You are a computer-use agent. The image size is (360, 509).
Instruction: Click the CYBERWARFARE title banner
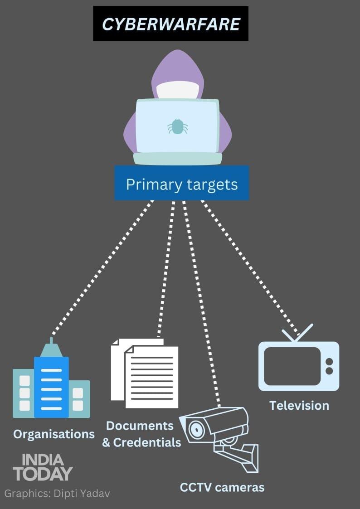170,24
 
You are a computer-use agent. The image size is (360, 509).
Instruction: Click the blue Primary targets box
181,184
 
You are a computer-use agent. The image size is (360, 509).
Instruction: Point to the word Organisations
54,434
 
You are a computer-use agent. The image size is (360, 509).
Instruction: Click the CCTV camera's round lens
196,427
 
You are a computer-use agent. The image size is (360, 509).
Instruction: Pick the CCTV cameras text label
222,487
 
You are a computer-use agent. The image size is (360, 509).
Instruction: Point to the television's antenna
297,333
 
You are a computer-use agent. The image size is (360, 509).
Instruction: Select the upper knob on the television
329,362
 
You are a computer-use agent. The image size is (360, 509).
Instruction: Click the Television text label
299,405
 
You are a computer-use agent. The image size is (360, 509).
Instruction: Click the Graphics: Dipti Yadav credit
57,493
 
